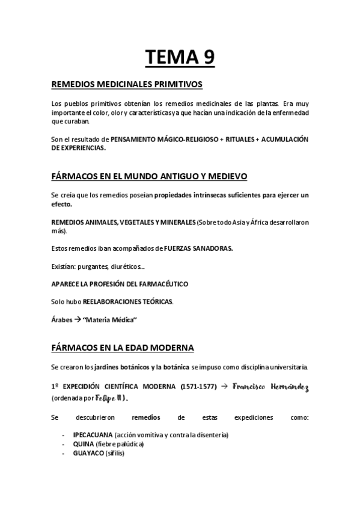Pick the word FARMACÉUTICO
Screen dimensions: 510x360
[166, 283]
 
